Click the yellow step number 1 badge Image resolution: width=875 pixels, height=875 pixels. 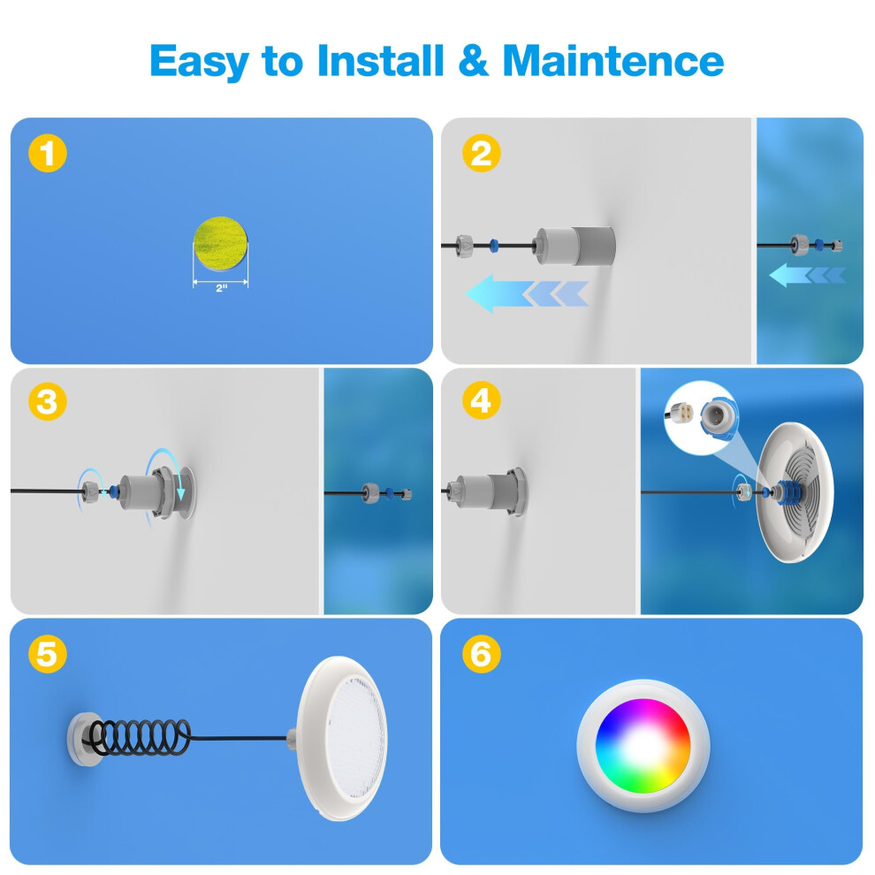[x=48, y=154]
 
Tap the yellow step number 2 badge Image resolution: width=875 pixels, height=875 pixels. [x=482, y=153]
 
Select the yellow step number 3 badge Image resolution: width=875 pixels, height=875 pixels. [x=48, y=402]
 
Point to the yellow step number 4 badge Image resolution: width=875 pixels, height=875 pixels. [x=482, y=400]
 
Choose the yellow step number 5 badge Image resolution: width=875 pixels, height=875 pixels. [x=48, y=654]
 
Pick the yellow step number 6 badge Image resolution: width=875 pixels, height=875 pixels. [x=482, y=654]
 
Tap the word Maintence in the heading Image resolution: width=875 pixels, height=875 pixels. [x=613, y=60]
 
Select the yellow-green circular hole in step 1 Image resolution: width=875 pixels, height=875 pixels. [x=220, y=243]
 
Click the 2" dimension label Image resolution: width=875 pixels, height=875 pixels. [x=222, y=288]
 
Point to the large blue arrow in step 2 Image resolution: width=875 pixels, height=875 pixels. [x=527, y=293]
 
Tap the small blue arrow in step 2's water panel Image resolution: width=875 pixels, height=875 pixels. [x=808, y=275]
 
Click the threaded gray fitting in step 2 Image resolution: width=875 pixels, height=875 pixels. [x=574, y=246]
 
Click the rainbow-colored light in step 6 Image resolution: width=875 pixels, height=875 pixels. [x=643, y=746]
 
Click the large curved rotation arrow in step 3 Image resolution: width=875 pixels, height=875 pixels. [x=167, y=468]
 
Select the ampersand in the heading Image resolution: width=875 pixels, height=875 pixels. [x=473, y=60]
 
